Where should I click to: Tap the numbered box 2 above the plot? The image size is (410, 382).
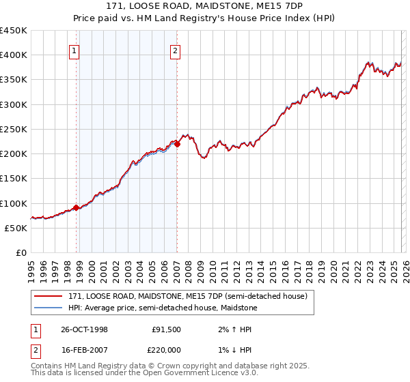pos(176,50)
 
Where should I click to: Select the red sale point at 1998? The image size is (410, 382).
pos(76,207)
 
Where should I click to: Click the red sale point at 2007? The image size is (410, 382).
pos(177,144)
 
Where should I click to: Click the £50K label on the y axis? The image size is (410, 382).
pos(16,228)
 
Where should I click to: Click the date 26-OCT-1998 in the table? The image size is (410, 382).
pos(84,329)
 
